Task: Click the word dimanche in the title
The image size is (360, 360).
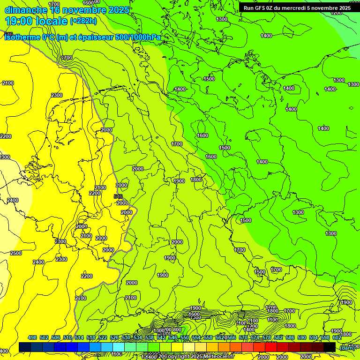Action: tap(26, 10)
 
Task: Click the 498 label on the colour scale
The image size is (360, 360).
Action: tap(32, 337)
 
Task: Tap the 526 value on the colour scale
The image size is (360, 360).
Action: tap(114, 337)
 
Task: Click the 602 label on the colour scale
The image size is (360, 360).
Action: tap(337, 337)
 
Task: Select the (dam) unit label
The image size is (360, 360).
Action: tap(346, 347)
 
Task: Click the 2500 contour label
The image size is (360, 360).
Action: tap(16, 253)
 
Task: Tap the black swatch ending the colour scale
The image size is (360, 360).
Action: tap(330, 347)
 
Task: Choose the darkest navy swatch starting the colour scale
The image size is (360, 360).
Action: tap(24, 347)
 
